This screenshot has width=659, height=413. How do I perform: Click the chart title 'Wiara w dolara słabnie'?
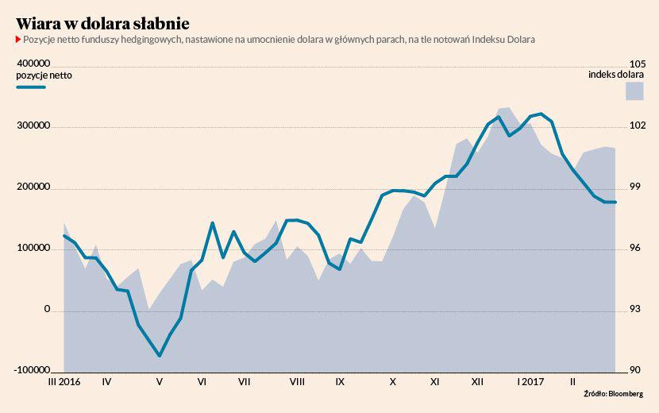pos(102,22)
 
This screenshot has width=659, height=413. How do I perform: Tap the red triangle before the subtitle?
pos(18,39)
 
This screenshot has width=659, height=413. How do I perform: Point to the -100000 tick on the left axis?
pos(31,369)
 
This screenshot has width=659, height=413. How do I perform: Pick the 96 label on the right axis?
pos(634,248)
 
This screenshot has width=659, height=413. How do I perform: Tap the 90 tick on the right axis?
pos(634,370)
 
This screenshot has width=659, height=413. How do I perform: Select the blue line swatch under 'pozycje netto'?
pos(31,86)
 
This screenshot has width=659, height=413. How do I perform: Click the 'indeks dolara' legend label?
pos(615,75)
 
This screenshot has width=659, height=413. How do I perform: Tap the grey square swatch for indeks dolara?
pos(634,91)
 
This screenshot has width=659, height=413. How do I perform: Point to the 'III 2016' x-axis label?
pos(64,382)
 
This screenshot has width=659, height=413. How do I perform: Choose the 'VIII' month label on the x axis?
pos(297,382)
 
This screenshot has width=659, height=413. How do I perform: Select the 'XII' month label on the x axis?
pos(478,382)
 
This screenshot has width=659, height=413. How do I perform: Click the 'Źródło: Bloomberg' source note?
pos(613,393)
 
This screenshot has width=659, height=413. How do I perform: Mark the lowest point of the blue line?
pos(160,356)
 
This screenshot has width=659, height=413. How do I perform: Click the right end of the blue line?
pos(615,203)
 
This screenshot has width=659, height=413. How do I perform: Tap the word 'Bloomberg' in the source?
pos(626,393)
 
